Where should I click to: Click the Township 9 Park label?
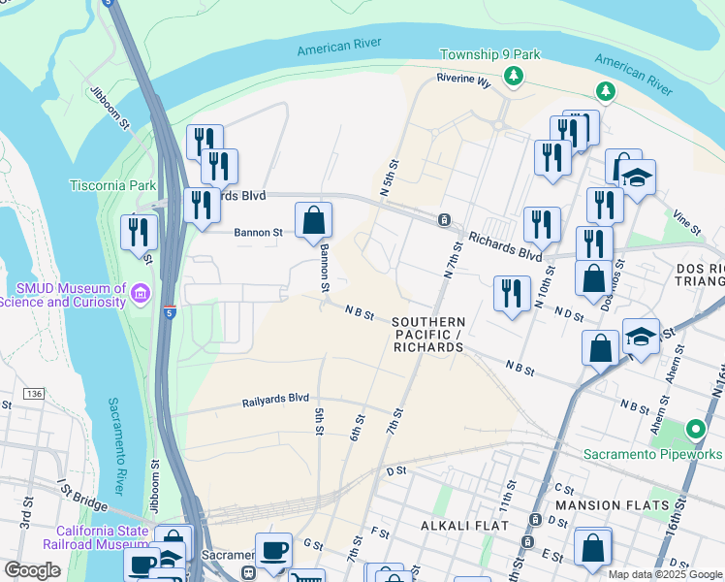point(489,54)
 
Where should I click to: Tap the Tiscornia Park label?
point(112,185)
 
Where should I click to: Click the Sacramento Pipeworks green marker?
point(695,428)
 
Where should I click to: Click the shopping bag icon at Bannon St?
point(314,221)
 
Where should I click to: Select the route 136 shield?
point(36,393)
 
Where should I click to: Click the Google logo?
point(32,570)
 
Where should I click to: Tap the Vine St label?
point(687,223)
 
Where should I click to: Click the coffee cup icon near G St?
point(273,551)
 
